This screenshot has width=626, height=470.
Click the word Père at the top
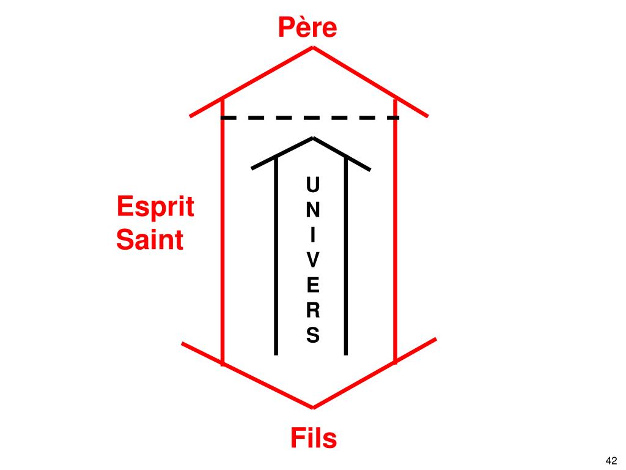(307, 28)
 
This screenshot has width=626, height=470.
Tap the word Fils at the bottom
(313, 439)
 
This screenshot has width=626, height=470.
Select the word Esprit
(155, 207)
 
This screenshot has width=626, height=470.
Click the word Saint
(150, 239)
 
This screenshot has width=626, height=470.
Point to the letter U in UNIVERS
(312, 184)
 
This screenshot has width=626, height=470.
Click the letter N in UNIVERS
(312, 209)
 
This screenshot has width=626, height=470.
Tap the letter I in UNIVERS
(312, 234)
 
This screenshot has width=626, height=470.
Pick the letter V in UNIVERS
(312, 260)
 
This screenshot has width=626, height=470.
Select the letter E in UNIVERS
(312, 285)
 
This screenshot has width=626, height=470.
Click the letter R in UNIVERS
(312, 310)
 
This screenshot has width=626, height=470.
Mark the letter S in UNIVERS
(312, 335)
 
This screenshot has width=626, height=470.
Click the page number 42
(611, 460)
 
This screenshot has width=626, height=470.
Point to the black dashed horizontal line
(309, 117)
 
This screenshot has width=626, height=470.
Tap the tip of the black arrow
(313, 138)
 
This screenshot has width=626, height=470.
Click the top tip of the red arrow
(313, 48)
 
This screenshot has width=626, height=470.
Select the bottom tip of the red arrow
(313, 407)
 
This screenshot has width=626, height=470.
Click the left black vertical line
(276, 257)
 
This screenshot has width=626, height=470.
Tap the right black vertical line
(346, 257)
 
